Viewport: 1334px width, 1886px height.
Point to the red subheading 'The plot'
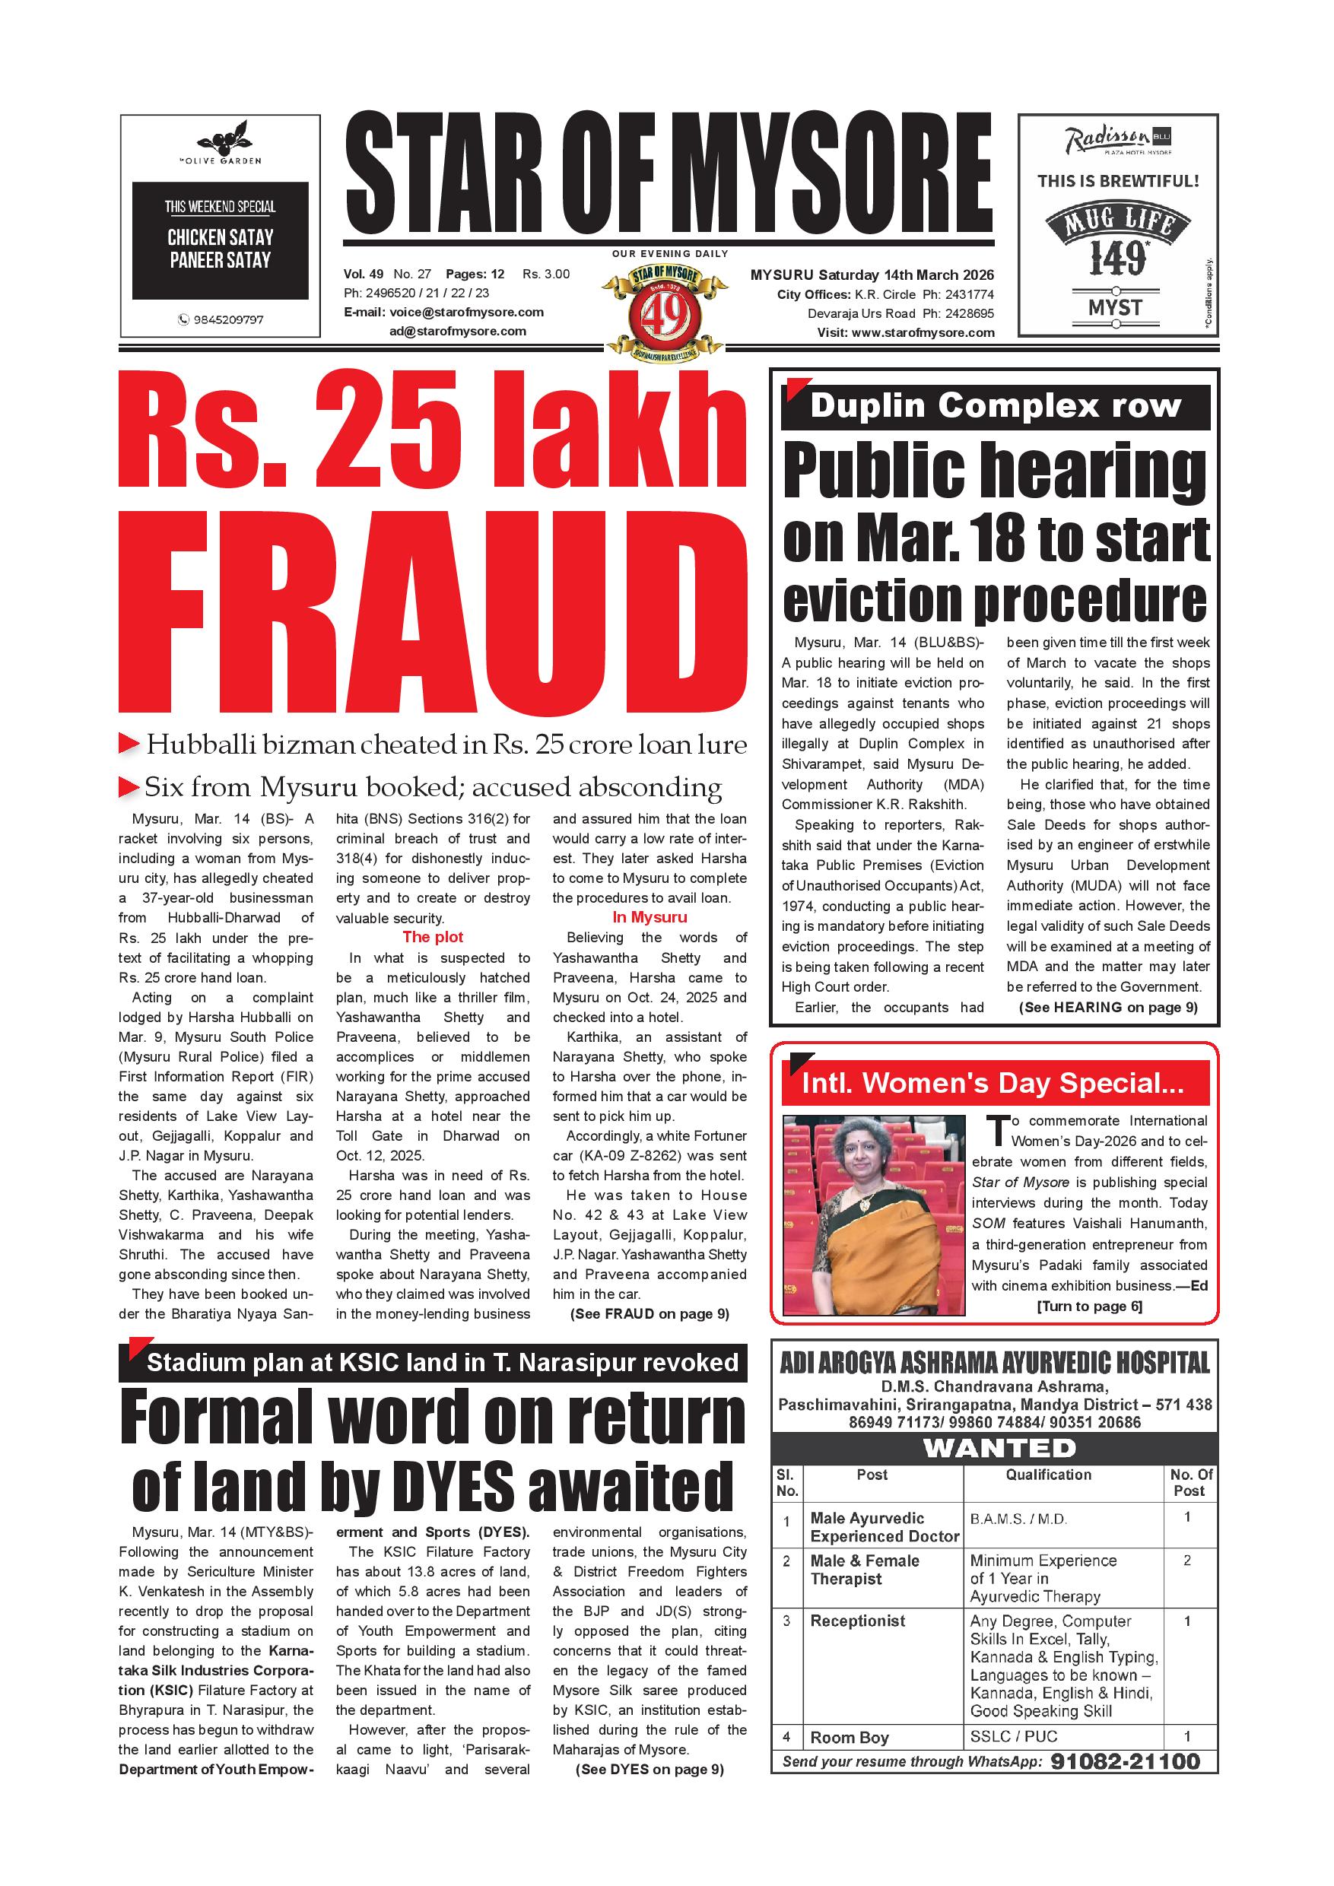click(x=432, y=937)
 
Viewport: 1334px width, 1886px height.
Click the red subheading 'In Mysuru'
click(x=649, y=918)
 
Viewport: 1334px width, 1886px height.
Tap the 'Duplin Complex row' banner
click(x=995, y=407)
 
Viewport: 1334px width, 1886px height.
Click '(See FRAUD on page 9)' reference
click(x=649, y=1313)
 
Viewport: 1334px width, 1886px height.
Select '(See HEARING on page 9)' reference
click(x=1108, y=1007)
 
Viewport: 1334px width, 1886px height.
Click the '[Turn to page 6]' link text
click(x=1089, y=1306)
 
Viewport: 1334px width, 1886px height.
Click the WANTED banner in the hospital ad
click(x=999, y=1447)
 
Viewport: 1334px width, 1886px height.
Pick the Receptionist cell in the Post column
click(x=858, y=1621)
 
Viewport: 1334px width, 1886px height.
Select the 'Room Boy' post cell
click(x=850, y=1737)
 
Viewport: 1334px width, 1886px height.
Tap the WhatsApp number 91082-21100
click(x=1125, y=1761)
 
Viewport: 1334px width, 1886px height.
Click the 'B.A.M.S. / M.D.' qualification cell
click(x=1018, y=1519)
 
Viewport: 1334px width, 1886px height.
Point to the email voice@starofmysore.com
click(x=466, y=312)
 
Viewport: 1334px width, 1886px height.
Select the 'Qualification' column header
click(x=1048, y=1475)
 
